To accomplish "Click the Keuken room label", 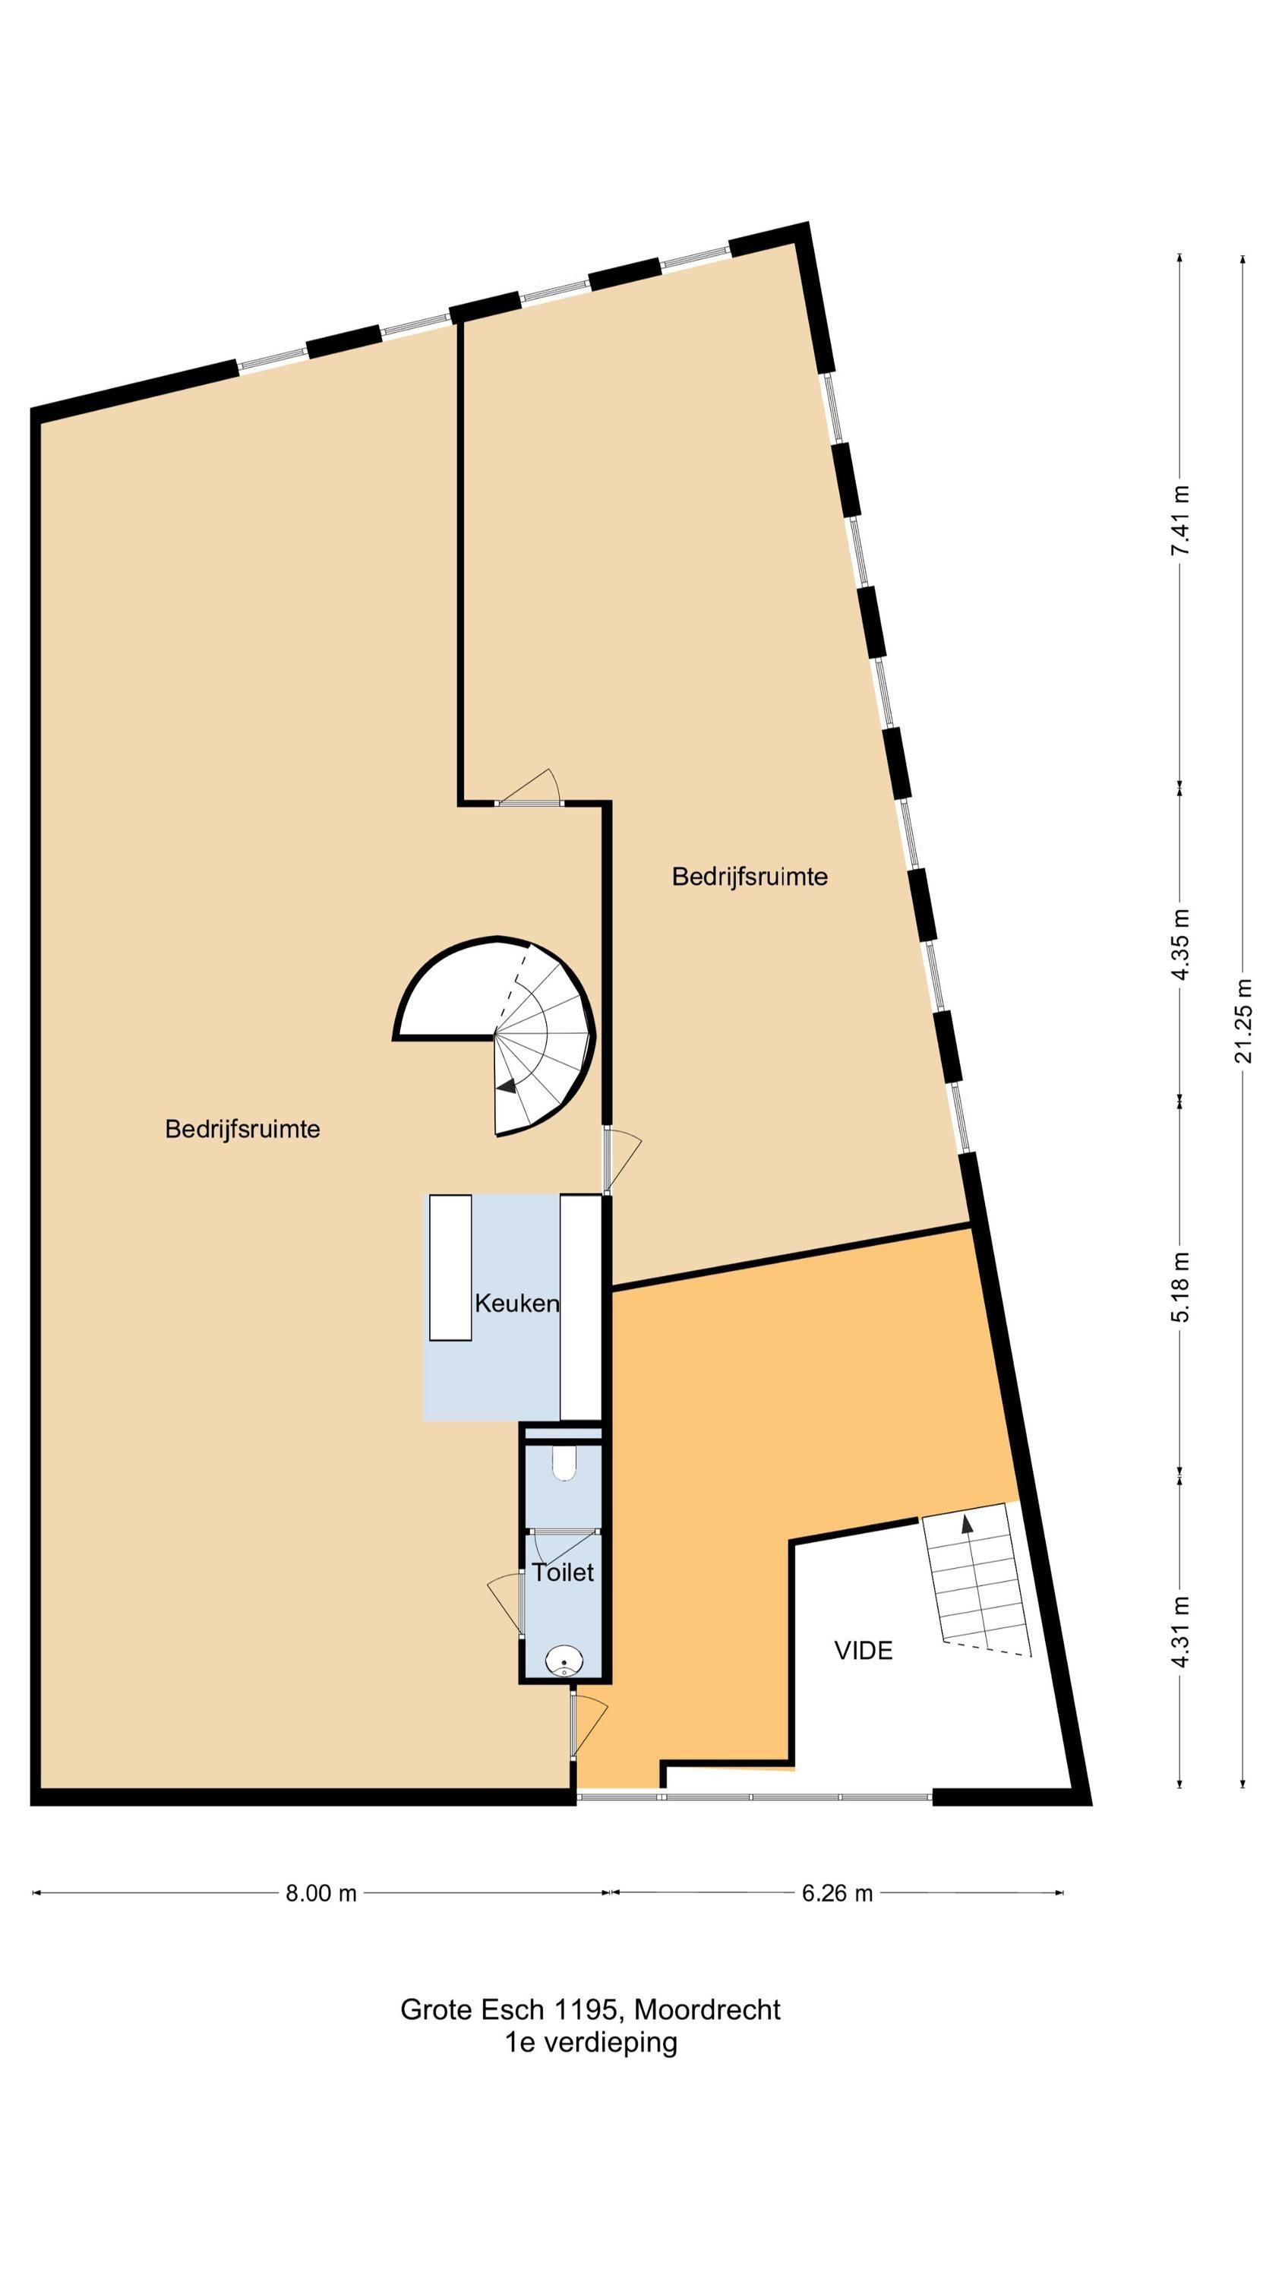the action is (x=516, y=1303).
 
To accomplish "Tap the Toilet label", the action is (x=563, y=1572).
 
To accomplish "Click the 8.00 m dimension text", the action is (x=320, y=1892).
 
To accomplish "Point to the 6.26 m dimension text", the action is (x=837, y=1892).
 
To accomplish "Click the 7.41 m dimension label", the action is (x=1179, y=520).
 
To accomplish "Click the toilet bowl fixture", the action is (x=564, y=1462).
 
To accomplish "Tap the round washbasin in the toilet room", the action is (x=563, y=1661).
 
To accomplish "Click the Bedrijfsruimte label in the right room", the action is (x=750, y=877).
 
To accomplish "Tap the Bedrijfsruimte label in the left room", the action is (x=242, y=1129).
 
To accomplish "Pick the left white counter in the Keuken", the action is (x=450, y=1268).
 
